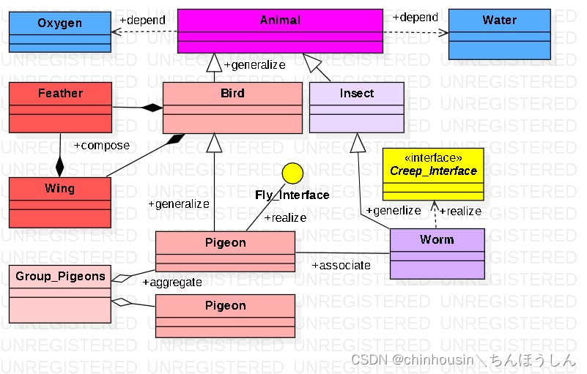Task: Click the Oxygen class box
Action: [x=60, y=31]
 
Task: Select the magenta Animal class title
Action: [x=280, y=20]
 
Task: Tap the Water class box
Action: [x=499, y=34]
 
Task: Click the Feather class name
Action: [x=60, y=94]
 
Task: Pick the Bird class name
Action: [x=232, y=94]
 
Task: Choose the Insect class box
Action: [x=356, y=107]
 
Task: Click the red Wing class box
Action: [x=60, y=202]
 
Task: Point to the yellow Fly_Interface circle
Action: [x=292, y=173]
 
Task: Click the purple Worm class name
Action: [x=437, y=240]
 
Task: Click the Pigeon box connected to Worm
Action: [x=225, y=251]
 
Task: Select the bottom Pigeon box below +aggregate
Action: [x=225, y=315]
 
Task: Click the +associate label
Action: [x=341, y=265]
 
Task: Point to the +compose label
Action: [x=101, y=146]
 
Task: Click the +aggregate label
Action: [x=172, y=282]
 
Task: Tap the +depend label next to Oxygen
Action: [x=142, y=20]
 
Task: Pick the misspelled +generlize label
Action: [x=394, y=211]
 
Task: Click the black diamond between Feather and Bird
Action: [x=152, y=108]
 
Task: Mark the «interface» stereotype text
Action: [x=433, y=157]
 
